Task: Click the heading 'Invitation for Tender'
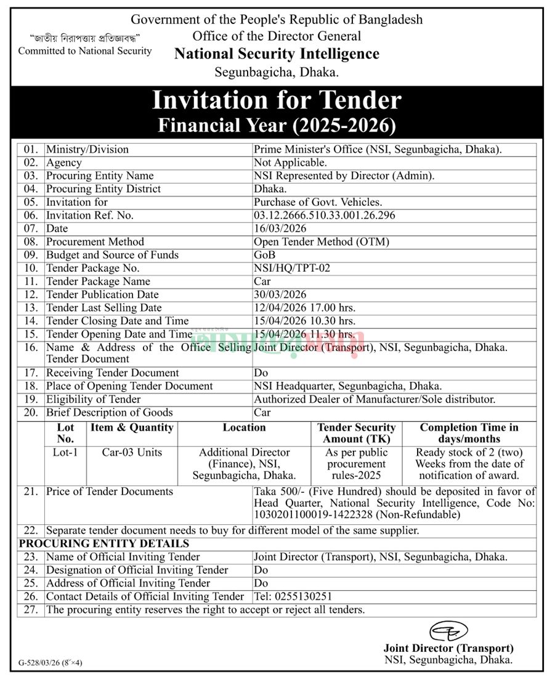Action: pyautogui.click(x=277, y=100)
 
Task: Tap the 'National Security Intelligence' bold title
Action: pyautogui.click(x=277, y=54)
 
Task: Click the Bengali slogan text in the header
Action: pyautogui.click(x=85, y=38)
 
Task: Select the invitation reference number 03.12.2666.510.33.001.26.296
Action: pyautogui.click(x=325, y=216)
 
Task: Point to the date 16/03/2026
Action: pyautogui.click(x=280, y=229)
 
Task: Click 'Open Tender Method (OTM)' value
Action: pyautogui.click(x=322, y=242)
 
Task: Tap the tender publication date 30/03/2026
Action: pyautogui.click(x=280, y=295)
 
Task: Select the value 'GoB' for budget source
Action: pyautogui.click(x=264, y=255)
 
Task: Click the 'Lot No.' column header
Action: pyautogui.click(x=65, y=433)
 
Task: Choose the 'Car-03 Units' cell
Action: pyautogui.click(x=132, y=452)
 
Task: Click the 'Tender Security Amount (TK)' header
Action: pyautogui.click(x=356, y=433)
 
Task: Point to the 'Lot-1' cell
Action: pyautogui.click(x=65, y=452)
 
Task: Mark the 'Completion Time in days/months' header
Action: pyautogui.click(x=469, y=433)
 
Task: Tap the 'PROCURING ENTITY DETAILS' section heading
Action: pyautogui.click(x=104, y=544)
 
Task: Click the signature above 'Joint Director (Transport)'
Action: pyautogui.click(x=448, y=632)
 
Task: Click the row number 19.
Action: pyautogui.click(x=31, y=399)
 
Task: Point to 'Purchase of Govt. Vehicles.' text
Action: pyautogui.click(x=318, y=202)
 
